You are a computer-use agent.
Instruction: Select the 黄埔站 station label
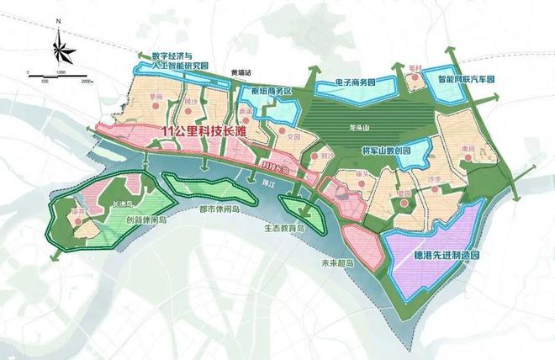pyautogui.click(x=240, y=73)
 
